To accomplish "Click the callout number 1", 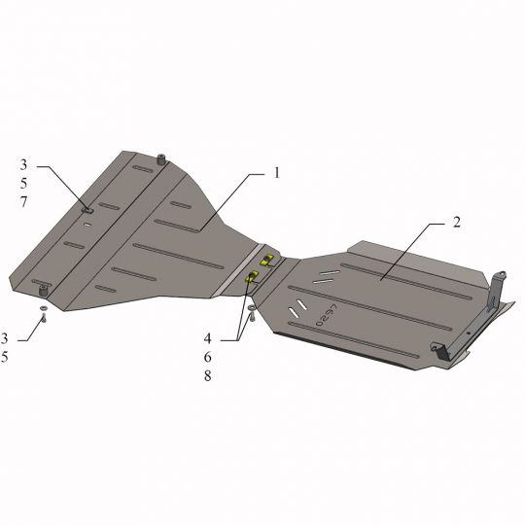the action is click(276, 173).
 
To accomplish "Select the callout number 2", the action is click(457, 223).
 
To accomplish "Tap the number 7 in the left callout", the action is click(23, 202).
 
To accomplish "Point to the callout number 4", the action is click(208, 338).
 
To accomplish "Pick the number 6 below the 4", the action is click(208, 357).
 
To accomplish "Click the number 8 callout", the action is click(208, 376).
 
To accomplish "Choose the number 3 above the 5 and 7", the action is click(23, 164).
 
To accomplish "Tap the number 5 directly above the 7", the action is click(23, 183).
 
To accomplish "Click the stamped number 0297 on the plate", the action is click(327, 315).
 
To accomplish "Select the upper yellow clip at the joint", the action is click(268, 260).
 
